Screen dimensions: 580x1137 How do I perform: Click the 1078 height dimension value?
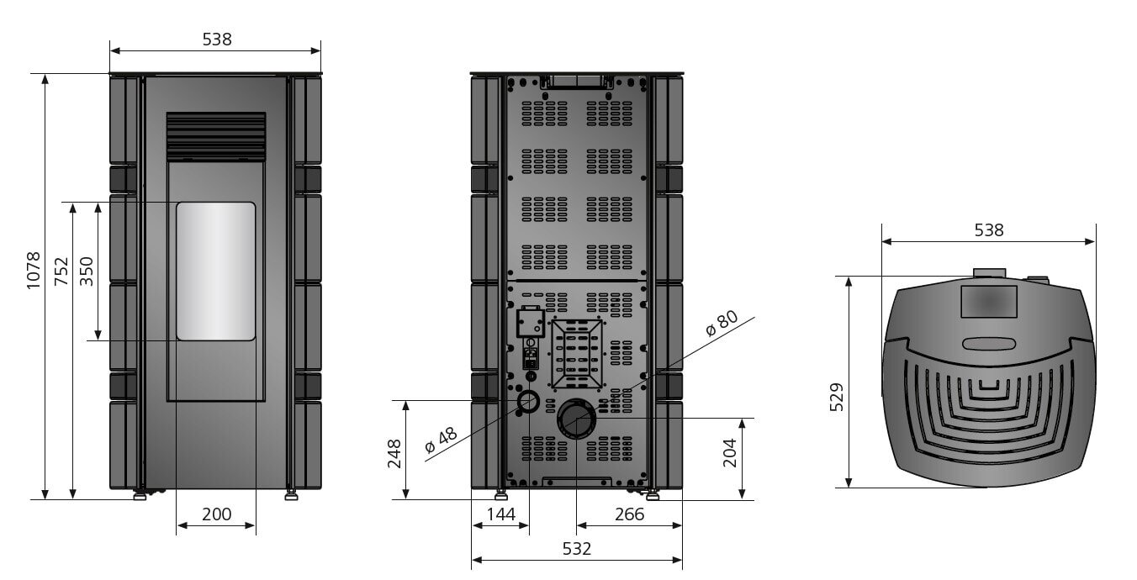click(x=33, y=271)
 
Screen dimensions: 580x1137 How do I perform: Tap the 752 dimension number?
click(x=61, y=271)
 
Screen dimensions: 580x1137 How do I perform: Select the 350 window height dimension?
click(x=87, y=271)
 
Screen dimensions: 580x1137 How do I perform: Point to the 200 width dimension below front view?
click(x=216, y=514)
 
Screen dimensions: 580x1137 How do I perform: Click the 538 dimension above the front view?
click(x=216, y=39)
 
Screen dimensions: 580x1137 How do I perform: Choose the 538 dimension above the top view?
click(x=988, y=229)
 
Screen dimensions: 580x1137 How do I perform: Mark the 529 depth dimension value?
click(x=837, y=398)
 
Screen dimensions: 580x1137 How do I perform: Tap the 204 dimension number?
click(x=728, y=452)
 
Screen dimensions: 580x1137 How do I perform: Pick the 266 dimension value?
click(x=629, y=514)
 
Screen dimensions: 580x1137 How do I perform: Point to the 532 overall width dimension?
click(x=576, y=549)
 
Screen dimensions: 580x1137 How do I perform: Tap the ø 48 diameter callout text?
click(x=442, y=440)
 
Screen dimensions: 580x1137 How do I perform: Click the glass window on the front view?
click(x=215, y=271)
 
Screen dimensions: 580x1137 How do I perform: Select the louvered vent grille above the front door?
click(x=215, y=136)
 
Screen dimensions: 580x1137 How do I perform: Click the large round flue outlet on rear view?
click(x=576, y=419)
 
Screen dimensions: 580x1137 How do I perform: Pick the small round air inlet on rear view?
click(x=528, y=401)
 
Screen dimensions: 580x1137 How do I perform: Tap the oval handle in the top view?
click(x=988, y=344)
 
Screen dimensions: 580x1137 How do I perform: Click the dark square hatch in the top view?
click(x=988, y=301)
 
